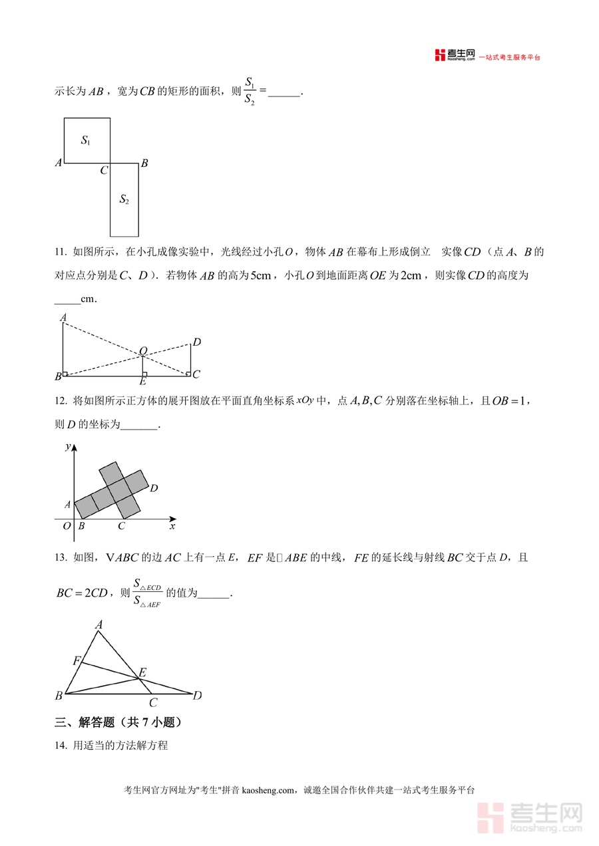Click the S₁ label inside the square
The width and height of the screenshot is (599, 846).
pyautogui.click(x=86, y=140)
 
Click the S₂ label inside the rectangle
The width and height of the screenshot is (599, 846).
pyautogui.click(x=124, y=199)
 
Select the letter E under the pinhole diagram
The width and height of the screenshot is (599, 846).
pyautogui.click(x=142, y=382)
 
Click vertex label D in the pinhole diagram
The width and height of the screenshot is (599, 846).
pyautogui.click(x=196, y=343)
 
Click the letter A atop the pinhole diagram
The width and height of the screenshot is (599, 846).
pyautogui.click(x=63, y=318)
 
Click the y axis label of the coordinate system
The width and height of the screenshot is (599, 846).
pyautogui.click(x=67, y=447)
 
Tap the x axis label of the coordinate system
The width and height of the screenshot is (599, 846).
pyautogui.click(x=172, y=527)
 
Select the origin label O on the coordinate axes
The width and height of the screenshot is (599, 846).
pyautogui.click(x=66, y=526)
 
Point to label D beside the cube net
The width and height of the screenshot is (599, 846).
pyautogui.click(x=154, y=489)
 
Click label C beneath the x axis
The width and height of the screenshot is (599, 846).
pyautogui.click(x=121, y=527)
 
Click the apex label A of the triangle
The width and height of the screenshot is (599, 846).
pyautogui.click(x=99, y=625)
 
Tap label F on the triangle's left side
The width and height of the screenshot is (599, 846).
pyautogui.click(x=77, y=661)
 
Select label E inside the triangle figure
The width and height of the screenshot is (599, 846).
pyautogui.click(x=142, y=672)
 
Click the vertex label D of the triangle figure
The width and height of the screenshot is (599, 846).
pyautogui.click(x=197, y=696)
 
